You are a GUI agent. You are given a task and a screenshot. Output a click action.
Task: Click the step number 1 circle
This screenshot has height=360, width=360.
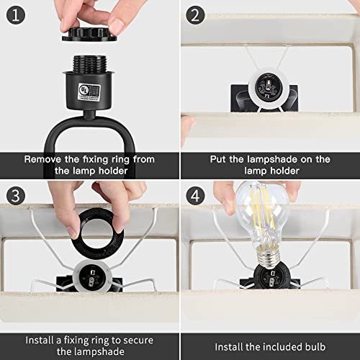click(x=14, y=14)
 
